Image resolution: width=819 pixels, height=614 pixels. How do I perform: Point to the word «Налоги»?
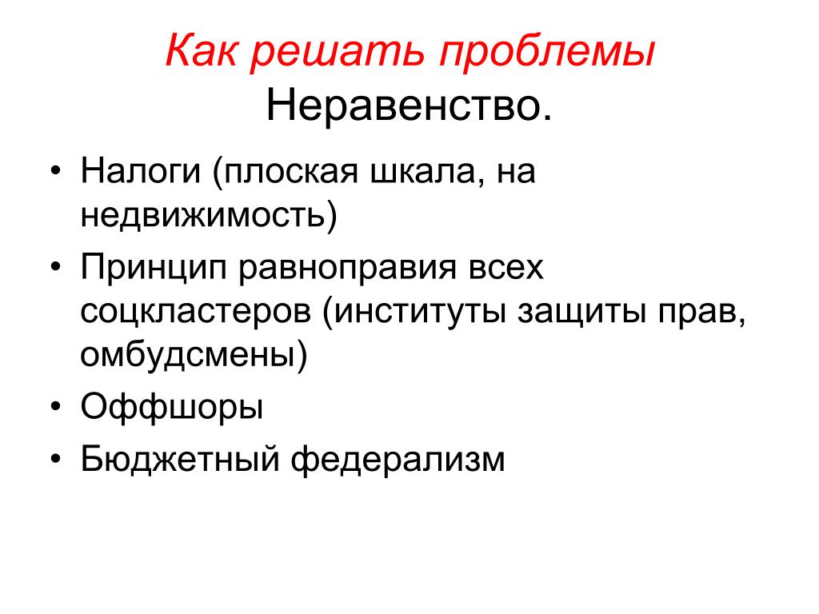pos(141,173)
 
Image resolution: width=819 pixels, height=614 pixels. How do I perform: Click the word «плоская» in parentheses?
pos(291,171)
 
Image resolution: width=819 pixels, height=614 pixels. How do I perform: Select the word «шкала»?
pos(424,173)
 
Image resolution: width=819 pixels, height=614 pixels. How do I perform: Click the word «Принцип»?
pos(154,269)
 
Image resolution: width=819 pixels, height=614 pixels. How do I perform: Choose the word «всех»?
pos(506,269)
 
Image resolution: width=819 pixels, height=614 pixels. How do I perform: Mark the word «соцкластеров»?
pos(196,313)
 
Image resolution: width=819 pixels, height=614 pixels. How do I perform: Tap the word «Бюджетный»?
pos(180,459)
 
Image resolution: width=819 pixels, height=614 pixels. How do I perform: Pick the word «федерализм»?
pos(398,459)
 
